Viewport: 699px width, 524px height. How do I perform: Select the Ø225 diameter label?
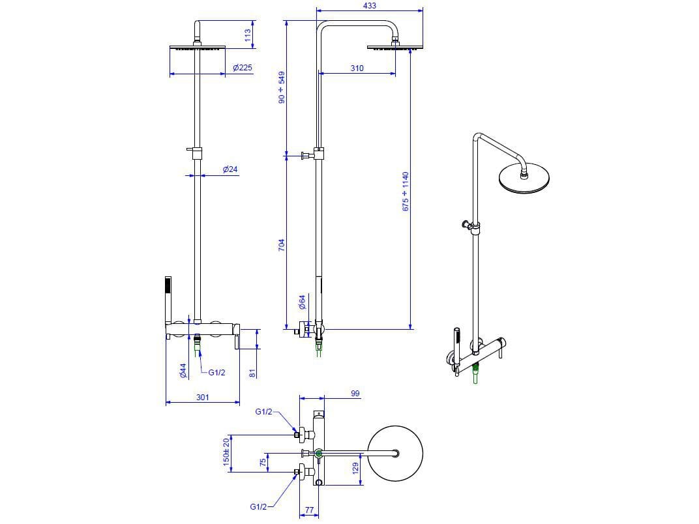[243, 68]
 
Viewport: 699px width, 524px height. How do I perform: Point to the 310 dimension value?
[357, 68]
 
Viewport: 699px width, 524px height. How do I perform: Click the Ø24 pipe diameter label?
[230, 169]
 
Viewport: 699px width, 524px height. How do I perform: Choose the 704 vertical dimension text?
[282, 245]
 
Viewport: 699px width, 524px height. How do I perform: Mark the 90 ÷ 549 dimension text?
[282, 87]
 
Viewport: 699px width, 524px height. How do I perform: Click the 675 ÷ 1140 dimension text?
[405, 190]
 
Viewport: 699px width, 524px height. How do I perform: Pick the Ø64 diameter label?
[302, 301]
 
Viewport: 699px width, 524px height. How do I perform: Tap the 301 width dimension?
[203, 397]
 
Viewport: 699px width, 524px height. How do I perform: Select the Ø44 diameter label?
[183, 371]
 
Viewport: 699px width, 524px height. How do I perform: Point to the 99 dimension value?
[355, 394]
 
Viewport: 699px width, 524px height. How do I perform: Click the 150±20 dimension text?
[226, 451]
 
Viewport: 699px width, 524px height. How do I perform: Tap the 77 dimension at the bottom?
[310, 512]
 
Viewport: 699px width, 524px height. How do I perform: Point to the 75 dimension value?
[263, 462]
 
